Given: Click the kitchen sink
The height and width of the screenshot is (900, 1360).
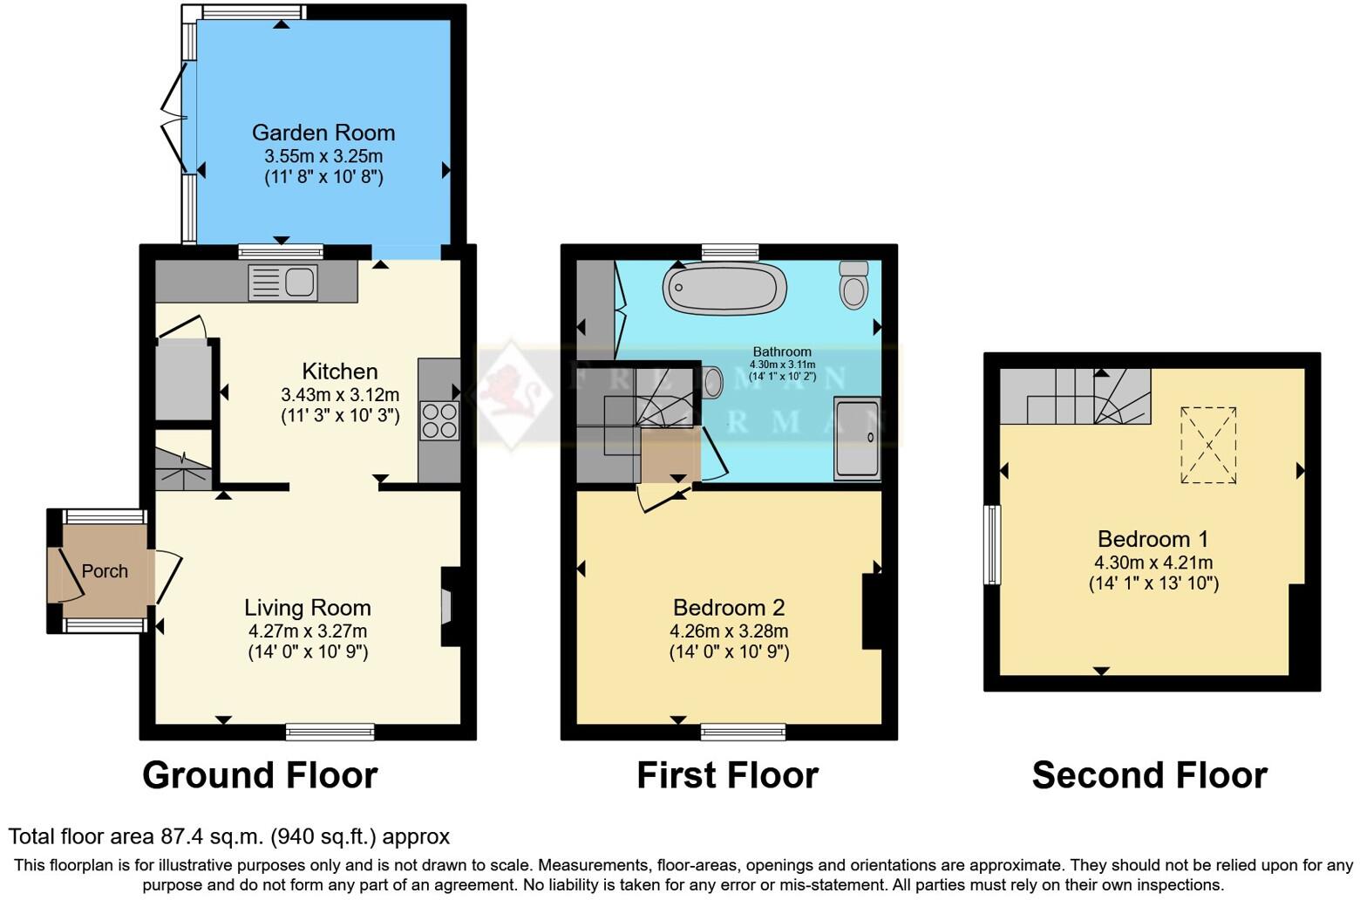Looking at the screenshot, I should [283, 283].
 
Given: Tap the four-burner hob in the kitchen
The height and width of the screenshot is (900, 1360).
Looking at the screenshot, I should [439, 420].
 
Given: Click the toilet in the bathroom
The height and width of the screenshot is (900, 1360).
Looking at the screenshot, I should [854, 284].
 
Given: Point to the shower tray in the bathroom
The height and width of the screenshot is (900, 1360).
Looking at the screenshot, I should [857, 438].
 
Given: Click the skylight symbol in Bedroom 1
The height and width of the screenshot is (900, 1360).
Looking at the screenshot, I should [1208, 445].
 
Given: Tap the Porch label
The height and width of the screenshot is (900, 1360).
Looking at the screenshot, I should [105, 571].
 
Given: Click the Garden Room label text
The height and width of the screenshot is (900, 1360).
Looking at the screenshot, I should [323, 133].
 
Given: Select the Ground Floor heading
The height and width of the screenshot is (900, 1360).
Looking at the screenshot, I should [260, 774].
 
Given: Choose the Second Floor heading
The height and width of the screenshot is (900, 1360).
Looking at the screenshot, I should [1149, 774].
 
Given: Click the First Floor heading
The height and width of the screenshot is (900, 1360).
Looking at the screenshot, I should [727, 774].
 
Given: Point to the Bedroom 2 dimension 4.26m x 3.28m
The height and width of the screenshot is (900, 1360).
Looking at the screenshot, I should [729, 631].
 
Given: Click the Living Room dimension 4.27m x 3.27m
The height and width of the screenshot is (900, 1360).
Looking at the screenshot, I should [307, 631].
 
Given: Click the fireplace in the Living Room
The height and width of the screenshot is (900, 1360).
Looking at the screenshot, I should [448, 607].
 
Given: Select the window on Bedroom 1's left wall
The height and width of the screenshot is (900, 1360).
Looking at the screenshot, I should [992, 544].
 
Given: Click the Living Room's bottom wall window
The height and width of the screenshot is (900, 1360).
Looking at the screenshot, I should [330, 731].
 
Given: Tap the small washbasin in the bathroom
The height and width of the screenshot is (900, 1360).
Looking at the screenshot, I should [712, 382].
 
